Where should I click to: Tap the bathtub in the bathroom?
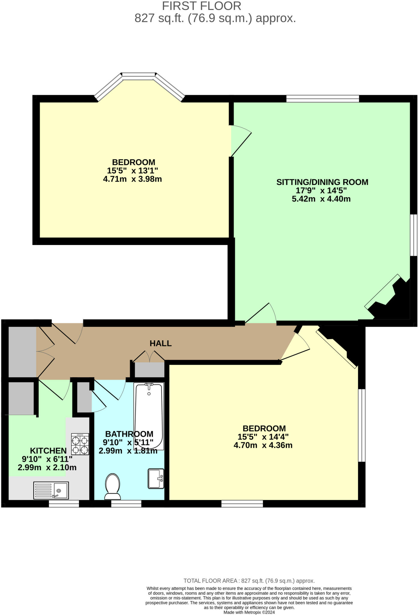pos(149,416)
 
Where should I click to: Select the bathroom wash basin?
pos(156,479)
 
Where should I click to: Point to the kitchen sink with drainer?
pos(51,490)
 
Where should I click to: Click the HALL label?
pos(161,344)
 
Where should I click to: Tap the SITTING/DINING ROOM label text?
pos(322,182)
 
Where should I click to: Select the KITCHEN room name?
pos(48,451)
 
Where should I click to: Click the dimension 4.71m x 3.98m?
pos(132,179)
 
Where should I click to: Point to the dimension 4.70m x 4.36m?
pos(263,445)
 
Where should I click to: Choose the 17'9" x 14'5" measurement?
pos(321,191)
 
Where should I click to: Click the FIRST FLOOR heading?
pos(202,6)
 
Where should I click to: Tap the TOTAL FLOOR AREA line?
pos(249,581)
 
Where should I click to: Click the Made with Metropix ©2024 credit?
pos(249,612)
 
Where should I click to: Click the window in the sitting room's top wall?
pos(323,99)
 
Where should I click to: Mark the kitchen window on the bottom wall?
pos(64,504)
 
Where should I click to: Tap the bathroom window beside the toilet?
pos(126,504)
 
